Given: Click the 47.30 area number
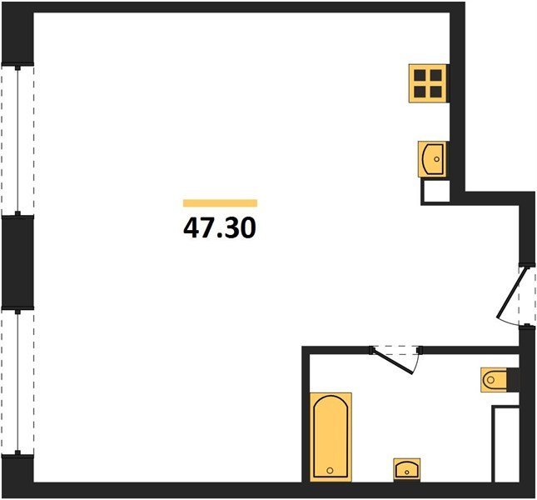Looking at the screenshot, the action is click(x=220, y=227).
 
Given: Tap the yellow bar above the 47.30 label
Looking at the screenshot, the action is click(x=220, y=203).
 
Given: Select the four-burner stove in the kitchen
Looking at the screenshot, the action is click(x=428, y=83).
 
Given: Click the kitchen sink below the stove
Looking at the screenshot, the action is click(x=432, y=159).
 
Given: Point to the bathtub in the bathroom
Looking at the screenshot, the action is click(x=331, y=437).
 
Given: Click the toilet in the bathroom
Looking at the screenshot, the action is click(x=494, y=380).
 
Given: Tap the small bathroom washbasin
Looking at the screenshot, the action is click(x=407, y=469).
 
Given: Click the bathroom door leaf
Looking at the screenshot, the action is click(x=393, y=361).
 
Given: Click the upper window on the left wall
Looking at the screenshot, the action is click(x=17, y=140).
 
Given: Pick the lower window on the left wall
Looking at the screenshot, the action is click(x=17, y=382).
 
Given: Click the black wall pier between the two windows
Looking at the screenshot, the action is click(x=17, y=262).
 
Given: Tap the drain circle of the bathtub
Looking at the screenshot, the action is click(x=331, y=471).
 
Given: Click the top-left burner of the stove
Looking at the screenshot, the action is click(x=420, y=75).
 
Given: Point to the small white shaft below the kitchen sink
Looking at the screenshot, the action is click(x=436, y=191).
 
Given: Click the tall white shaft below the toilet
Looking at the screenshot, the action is click(x=506, y=444).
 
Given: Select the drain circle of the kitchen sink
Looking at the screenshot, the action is click(x=436, y=159).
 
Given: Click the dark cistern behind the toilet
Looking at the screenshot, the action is click(x=513, y=380).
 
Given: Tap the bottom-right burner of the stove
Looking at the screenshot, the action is click(x=436, y=92).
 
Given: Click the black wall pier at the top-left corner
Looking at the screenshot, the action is click(x=17, y=32).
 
